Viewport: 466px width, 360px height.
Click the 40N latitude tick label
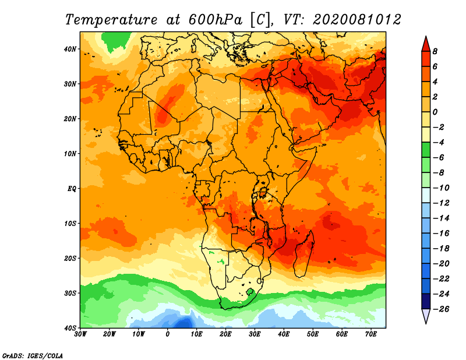(x=70, y=49)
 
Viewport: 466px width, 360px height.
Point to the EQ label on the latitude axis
(x=72, y=189)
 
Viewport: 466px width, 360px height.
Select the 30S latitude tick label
(x=70, y=293)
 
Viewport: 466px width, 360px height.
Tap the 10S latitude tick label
(x=70, y=223)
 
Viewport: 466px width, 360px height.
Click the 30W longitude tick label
(x=80, y=334)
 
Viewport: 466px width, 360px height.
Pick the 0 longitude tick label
(x=167, y=334)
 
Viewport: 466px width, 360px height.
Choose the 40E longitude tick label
(x=284, y=334)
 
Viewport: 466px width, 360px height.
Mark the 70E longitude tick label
(x=371, y=334)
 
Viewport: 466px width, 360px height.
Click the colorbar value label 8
(x=435, y=51)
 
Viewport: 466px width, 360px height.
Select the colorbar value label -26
(x=441, y=309)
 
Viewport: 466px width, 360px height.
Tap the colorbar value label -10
(x=441, y=188)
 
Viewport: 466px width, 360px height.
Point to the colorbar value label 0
(x=435, y=112)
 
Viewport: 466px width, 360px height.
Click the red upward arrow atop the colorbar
(x=426, y=44)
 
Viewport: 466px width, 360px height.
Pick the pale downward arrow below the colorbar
(x=426, y=316)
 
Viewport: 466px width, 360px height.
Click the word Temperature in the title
(x=111, y=20)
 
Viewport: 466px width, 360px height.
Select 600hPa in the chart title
(x=215, y=20)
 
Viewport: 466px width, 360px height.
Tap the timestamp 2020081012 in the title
(x=356, y=20)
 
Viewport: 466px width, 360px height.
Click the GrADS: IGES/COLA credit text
(x=33, y=355)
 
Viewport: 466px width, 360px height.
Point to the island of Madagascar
(x=304, y=254)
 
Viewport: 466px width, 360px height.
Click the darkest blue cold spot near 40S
(x=183, y=323)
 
